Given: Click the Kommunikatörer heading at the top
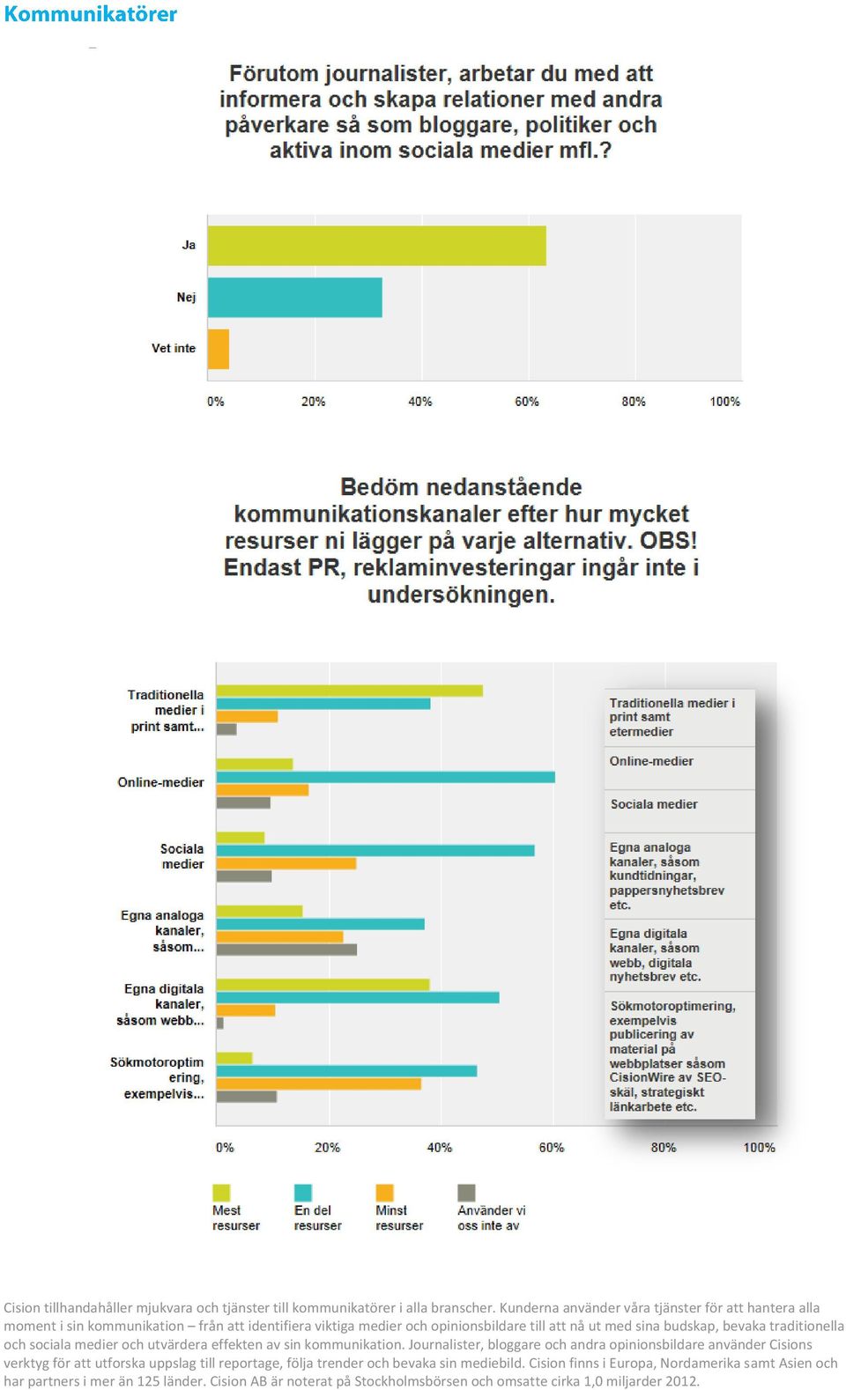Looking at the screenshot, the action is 91,13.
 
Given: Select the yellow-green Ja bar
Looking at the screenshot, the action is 377,246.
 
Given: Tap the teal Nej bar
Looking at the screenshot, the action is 295,297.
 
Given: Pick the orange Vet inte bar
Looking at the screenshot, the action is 219,349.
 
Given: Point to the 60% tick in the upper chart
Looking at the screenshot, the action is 527,402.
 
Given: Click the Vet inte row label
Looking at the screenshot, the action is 174,348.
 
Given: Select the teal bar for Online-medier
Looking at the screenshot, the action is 385,777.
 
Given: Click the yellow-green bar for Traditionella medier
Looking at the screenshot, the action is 350,691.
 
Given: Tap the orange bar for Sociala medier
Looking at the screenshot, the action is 286,863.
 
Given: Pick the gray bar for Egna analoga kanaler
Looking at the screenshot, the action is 286,950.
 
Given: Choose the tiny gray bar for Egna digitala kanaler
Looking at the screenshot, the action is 219,1023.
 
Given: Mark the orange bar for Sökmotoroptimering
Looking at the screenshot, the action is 318,1083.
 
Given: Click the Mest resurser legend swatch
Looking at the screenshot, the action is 221,1193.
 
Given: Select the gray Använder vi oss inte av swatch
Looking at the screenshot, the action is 466,1193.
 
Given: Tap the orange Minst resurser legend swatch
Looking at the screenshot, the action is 384,1193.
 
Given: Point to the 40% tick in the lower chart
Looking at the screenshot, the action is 440,1148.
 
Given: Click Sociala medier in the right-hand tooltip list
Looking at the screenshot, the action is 654,804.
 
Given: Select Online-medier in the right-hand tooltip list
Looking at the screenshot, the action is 651,761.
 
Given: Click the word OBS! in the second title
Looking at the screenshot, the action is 669,541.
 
